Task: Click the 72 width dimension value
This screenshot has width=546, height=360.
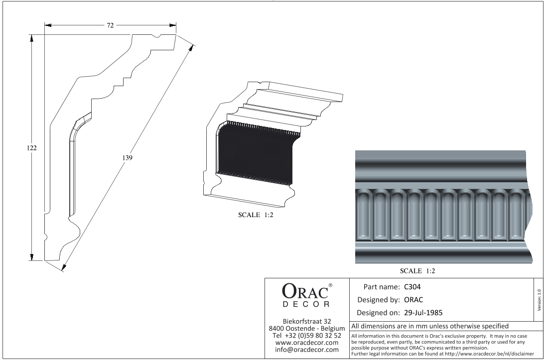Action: pos(110,25)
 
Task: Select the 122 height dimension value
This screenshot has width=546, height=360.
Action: pos(32,147)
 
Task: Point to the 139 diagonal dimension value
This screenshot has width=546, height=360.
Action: pos(128,158)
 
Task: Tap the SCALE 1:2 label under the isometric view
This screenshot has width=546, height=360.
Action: pos(256,215)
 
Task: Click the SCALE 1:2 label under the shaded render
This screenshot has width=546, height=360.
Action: pos(417,271)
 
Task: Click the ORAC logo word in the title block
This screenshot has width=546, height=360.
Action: pos(305,291)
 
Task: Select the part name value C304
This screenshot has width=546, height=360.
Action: pos(412,287)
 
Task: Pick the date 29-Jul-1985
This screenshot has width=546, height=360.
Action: pos(423,313)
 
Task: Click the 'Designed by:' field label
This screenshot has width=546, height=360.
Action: pos(379,300)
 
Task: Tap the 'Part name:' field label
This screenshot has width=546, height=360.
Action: pos(381,287)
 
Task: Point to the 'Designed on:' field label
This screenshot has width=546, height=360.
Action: pos(379,313)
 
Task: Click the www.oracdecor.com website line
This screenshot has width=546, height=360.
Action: pos(307,343)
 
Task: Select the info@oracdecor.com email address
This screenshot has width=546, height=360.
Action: pos(307,350)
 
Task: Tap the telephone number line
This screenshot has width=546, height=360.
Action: pos(307,336)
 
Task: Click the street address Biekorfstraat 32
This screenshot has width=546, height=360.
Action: pos(307,321)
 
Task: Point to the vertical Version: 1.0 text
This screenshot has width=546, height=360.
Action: pos(540,300)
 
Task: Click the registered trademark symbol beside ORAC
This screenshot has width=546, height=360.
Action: pos(330,285)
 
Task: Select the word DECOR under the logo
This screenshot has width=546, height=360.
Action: pos(306,304)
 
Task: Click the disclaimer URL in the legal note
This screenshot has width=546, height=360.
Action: pos(489,354)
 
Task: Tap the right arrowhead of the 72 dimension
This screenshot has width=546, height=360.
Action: pos(173,25)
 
